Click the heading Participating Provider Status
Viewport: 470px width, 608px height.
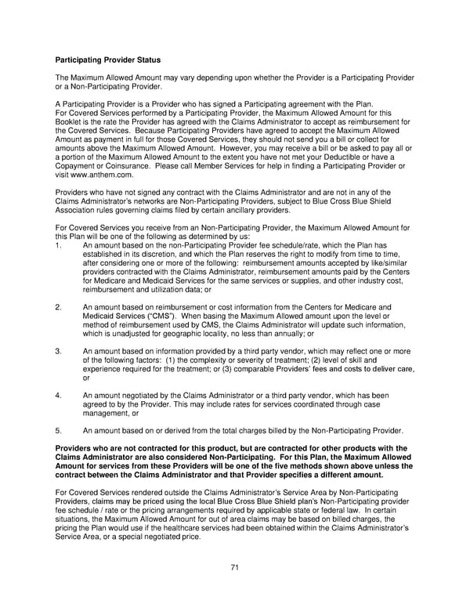pos(108,60)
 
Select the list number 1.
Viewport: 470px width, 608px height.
pos(59,245)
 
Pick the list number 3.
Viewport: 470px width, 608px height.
pos(59,351)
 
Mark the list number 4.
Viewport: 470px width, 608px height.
pos(59,396)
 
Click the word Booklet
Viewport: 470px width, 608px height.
pos(69,122)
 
